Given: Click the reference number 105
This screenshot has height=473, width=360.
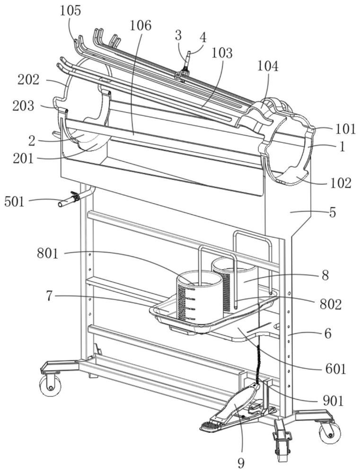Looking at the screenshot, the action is tap(70, 11).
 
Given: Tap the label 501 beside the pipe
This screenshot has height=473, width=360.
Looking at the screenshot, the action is tap(14, 202).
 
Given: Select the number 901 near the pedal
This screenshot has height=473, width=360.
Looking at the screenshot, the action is tap(333, 401).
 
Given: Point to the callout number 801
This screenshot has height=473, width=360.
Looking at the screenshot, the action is tap(47, 254).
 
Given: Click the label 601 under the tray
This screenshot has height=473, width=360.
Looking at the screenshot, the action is tap(335, 368).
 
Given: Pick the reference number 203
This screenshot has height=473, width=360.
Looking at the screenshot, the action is tap(23, 105).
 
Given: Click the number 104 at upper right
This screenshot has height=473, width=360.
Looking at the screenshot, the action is tap(268, 66).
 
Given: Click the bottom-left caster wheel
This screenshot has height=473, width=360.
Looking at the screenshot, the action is tap(50, 386).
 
